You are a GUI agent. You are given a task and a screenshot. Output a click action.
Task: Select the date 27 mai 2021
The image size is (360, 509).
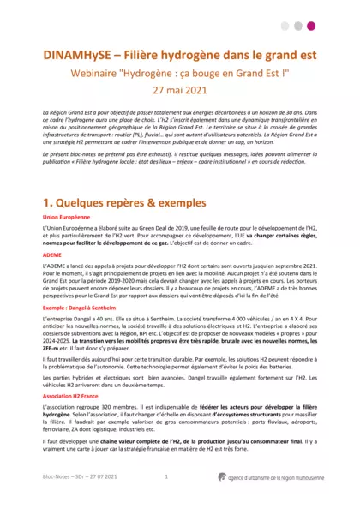[181, 88]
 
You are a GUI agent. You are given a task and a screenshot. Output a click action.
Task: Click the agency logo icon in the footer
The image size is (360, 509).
[222, 476]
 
